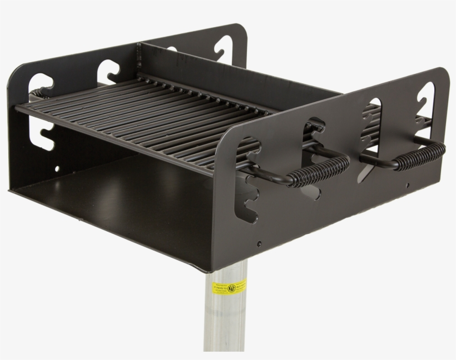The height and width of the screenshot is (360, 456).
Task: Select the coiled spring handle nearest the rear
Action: [x=420, y=152]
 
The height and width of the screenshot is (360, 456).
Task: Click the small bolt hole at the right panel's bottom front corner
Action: [x=259, y=244]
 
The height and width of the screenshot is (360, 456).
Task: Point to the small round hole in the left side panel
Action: [x=57, y=167]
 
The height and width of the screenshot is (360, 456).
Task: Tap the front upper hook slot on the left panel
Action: [x=42, y=81]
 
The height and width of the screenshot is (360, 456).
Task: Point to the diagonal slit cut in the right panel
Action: [x=367, y=167]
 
